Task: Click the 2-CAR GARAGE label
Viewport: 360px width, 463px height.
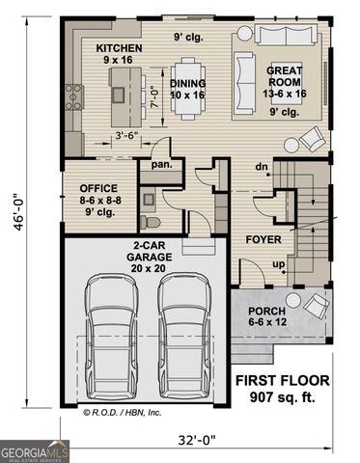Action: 148,251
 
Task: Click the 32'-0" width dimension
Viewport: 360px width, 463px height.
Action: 196,440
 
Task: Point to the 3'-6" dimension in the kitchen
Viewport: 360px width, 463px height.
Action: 127,136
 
